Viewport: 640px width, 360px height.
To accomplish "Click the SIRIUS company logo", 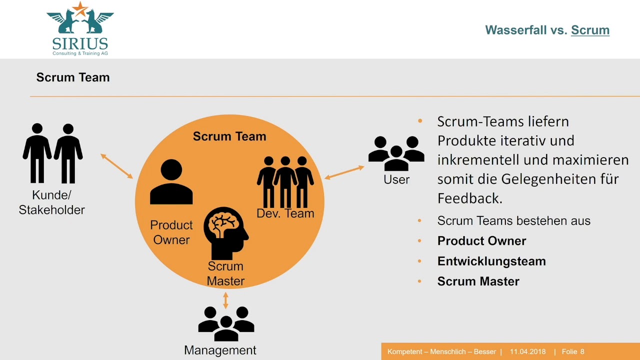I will point(80,28).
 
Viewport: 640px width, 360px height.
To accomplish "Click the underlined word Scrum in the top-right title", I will point(590,30).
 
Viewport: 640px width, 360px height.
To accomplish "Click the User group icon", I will point(396,153).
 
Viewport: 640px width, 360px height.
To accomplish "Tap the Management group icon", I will point(226,323).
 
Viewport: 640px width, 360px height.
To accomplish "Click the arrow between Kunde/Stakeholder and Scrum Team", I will point(116,166).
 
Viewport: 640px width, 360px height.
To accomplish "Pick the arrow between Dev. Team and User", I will point(344,172).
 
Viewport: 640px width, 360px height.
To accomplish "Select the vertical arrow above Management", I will point(225,300).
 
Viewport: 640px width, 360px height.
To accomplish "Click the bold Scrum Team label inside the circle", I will point(229,136).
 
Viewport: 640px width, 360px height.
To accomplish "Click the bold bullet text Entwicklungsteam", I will point(491,261).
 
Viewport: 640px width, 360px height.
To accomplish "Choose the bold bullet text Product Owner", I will point(481,241).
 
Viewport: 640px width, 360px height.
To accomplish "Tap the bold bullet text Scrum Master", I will point(478,281).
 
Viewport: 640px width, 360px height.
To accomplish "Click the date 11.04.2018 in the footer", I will point(527,352).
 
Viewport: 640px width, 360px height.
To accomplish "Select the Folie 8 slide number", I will point(573,352).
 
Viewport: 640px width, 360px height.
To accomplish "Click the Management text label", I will point(220,350).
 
